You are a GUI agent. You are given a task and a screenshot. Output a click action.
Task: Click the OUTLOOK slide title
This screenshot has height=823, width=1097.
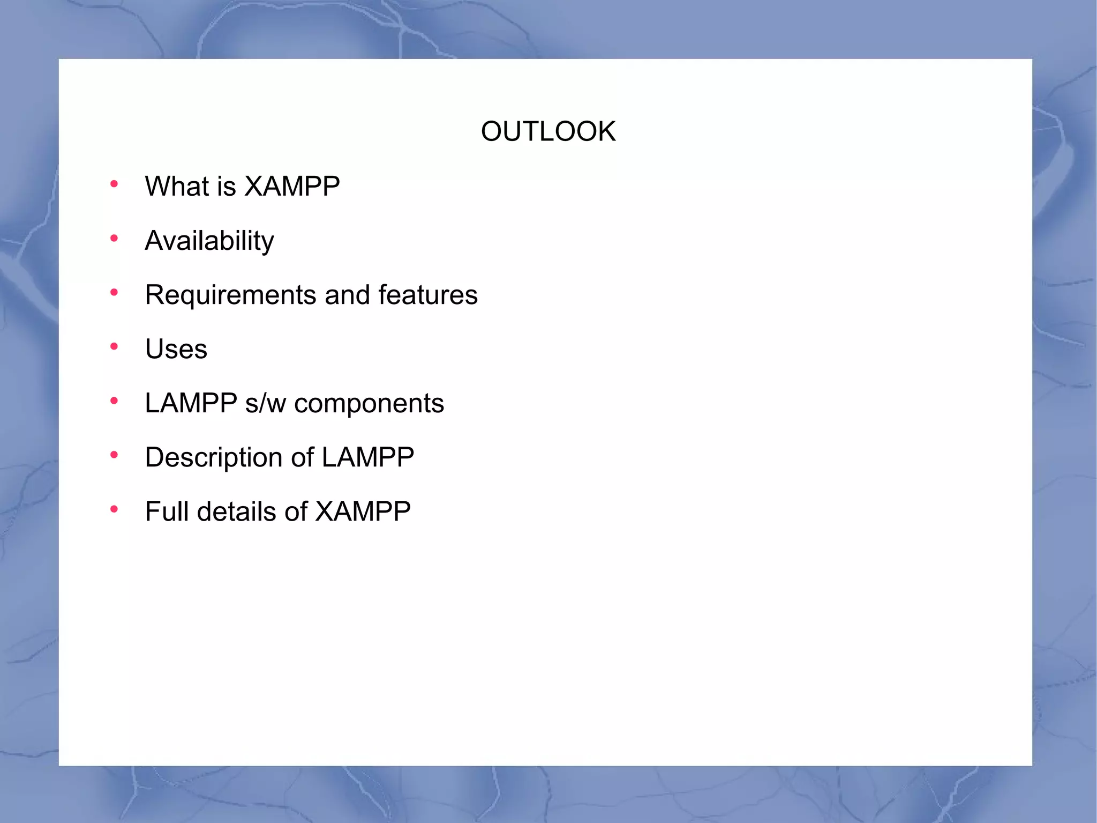(548, 131)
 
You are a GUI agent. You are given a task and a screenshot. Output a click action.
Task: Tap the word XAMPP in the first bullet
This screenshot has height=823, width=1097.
(291, 187)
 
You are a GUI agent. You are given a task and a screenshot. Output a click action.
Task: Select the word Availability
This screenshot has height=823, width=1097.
(209, 241)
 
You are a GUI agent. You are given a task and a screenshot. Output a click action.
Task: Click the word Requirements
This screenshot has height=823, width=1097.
(231, 295)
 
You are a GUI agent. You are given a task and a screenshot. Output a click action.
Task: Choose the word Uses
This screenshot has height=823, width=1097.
(176, 349)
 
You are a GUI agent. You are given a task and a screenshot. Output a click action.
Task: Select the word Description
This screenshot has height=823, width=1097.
(213, 457)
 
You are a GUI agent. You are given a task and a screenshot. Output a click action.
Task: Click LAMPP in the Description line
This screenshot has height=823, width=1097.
(367, 457)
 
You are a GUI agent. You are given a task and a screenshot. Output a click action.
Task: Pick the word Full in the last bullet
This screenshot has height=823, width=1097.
(168, 511)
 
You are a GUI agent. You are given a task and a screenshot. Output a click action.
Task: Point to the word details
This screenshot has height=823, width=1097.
(236, 511)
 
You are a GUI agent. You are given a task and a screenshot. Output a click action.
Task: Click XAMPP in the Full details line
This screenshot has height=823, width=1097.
(363, 511)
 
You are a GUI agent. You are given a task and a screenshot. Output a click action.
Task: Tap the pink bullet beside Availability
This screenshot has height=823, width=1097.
(114, 239)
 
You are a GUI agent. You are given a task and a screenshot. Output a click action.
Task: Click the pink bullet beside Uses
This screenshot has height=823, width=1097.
(114, 347)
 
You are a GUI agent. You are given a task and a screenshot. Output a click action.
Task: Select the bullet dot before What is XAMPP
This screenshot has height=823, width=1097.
(114, 184)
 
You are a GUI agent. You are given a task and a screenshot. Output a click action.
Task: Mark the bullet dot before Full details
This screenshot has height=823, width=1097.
(114, 509)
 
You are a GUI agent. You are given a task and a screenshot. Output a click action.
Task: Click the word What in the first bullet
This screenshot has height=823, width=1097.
(177, 187)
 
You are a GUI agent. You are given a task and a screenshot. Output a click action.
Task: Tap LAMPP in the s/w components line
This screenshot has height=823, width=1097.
(191, 403)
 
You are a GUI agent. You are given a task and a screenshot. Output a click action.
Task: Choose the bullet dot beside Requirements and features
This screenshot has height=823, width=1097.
(114, 293)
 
